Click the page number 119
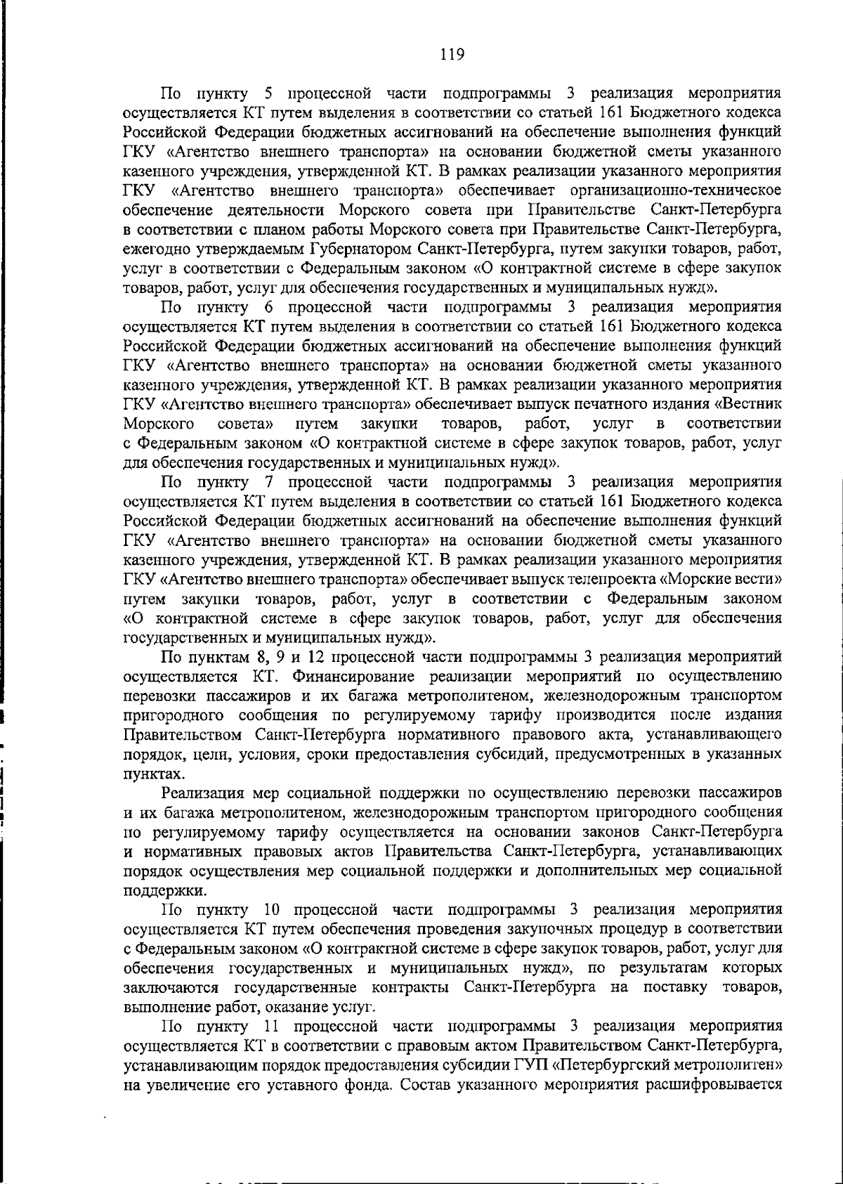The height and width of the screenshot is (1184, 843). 452,54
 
